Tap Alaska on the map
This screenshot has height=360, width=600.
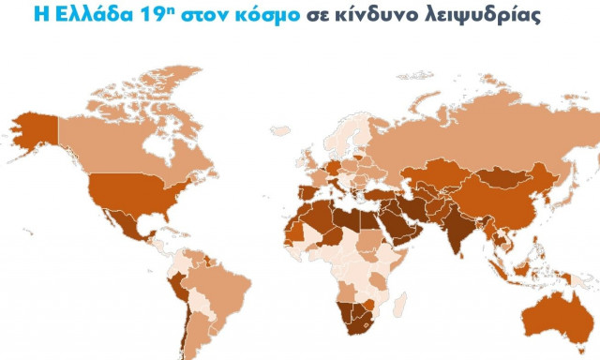point(34,131)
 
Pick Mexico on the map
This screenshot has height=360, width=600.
point(127,225)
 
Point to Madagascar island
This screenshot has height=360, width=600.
point(397,306)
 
